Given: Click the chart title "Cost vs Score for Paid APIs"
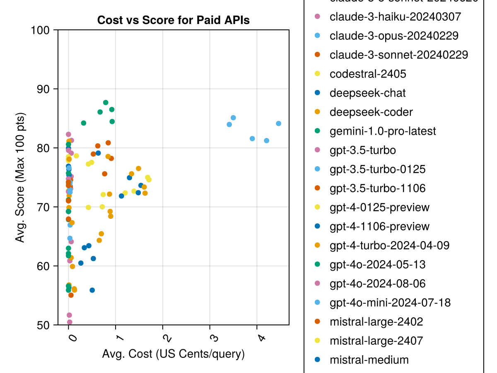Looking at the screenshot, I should (x=173, y=20).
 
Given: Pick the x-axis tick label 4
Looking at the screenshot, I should (x=261, y=338).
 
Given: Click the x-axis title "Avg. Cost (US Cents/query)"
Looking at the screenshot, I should (x=173, y=354).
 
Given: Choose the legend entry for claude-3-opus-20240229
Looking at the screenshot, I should (x=393, y=36).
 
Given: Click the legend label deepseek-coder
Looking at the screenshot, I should (x=371, y=112).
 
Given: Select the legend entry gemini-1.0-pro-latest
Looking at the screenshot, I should (x=382, y=131).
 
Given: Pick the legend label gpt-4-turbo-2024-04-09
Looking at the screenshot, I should (x=389, y=245).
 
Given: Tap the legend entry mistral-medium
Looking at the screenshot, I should (x=369, y=360).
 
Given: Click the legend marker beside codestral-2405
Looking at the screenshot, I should (x=318, y=74).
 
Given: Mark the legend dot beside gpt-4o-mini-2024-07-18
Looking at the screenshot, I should (x=318, y=303).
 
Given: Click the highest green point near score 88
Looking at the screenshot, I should (x=106, y=102).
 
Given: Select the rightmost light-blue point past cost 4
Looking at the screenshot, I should (x=278, y=124).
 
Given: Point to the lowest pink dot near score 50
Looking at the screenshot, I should (x=70, y=322).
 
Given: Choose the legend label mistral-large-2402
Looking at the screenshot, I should (x=376, y=322).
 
